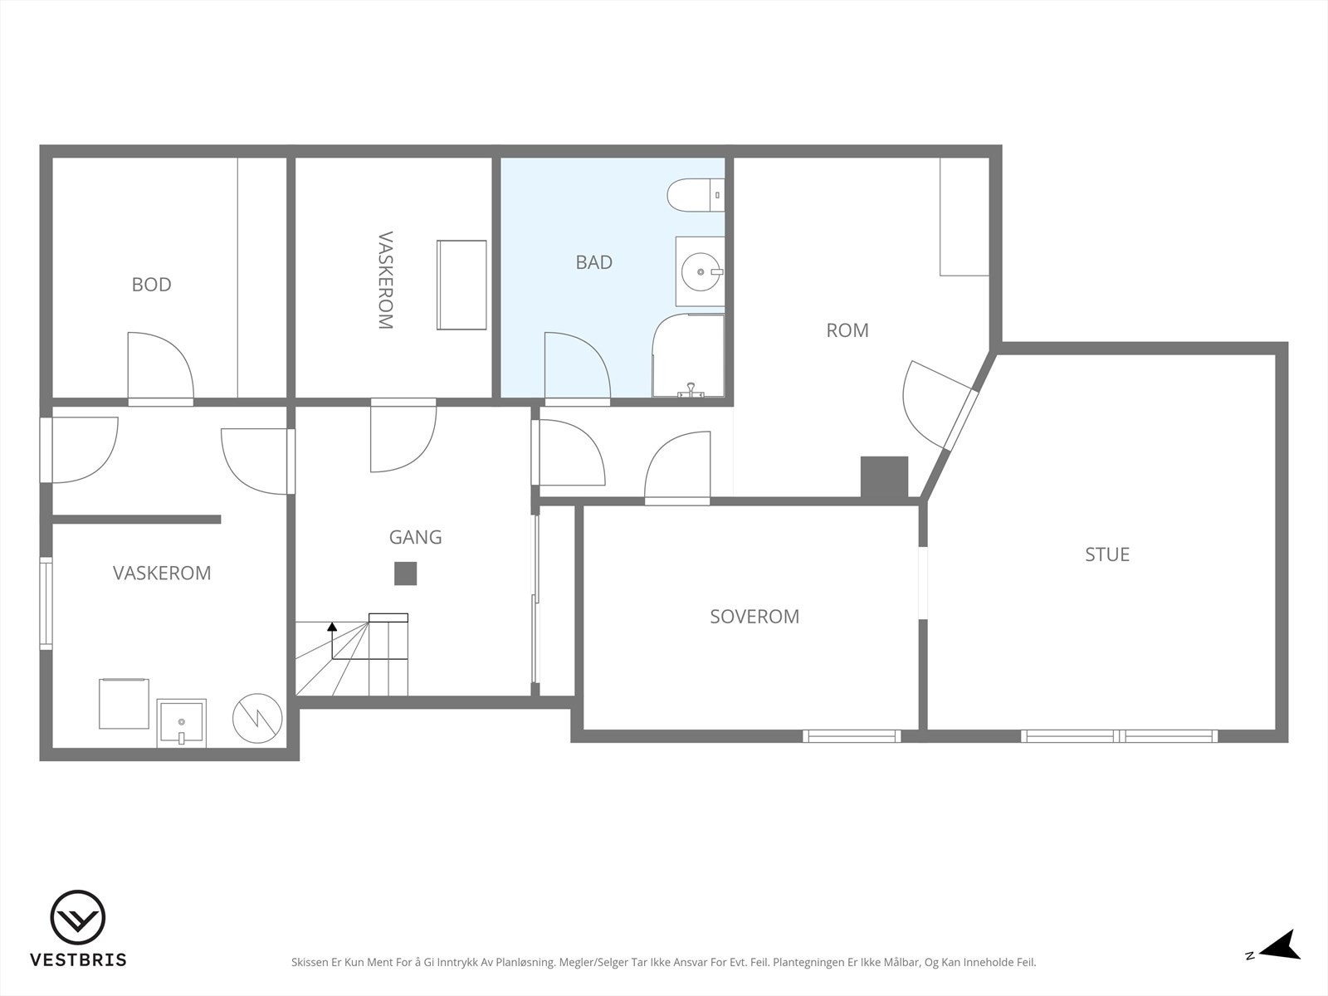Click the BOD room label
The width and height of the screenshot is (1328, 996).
point(151,284)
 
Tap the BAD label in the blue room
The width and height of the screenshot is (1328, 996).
point(593,261)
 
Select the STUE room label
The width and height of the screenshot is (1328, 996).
point(1107,554)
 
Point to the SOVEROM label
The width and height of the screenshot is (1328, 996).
point(754,616)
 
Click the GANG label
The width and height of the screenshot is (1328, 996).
point(415,537)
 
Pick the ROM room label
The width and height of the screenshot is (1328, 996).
point(847,330)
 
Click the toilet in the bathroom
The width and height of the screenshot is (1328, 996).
point(696,195)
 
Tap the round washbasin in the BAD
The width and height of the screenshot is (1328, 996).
point(702,272)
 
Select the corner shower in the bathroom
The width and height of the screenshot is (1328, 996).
point(689,355)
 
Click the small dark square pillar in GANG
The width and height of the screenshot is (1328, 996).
point(405,574)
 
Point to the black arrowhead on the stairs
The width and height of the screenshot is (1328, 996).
point(332,627)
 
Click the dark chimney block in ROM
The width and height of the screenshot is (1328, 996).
point(885,478)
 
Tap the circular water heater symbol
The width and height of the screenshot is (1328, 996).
point(257,719)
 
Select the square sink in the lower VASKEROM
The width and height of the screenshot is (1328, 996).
point(182,722)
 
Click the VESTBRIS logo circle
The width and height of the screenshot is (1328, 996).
point(78,917)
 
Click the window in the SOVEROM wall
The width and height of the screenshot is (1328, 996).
point(852,736)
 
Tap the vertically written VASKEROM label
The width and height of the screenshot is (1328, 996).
point(385,280)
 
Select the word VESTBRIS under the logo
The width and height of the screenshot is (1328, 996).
point(78,959)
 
